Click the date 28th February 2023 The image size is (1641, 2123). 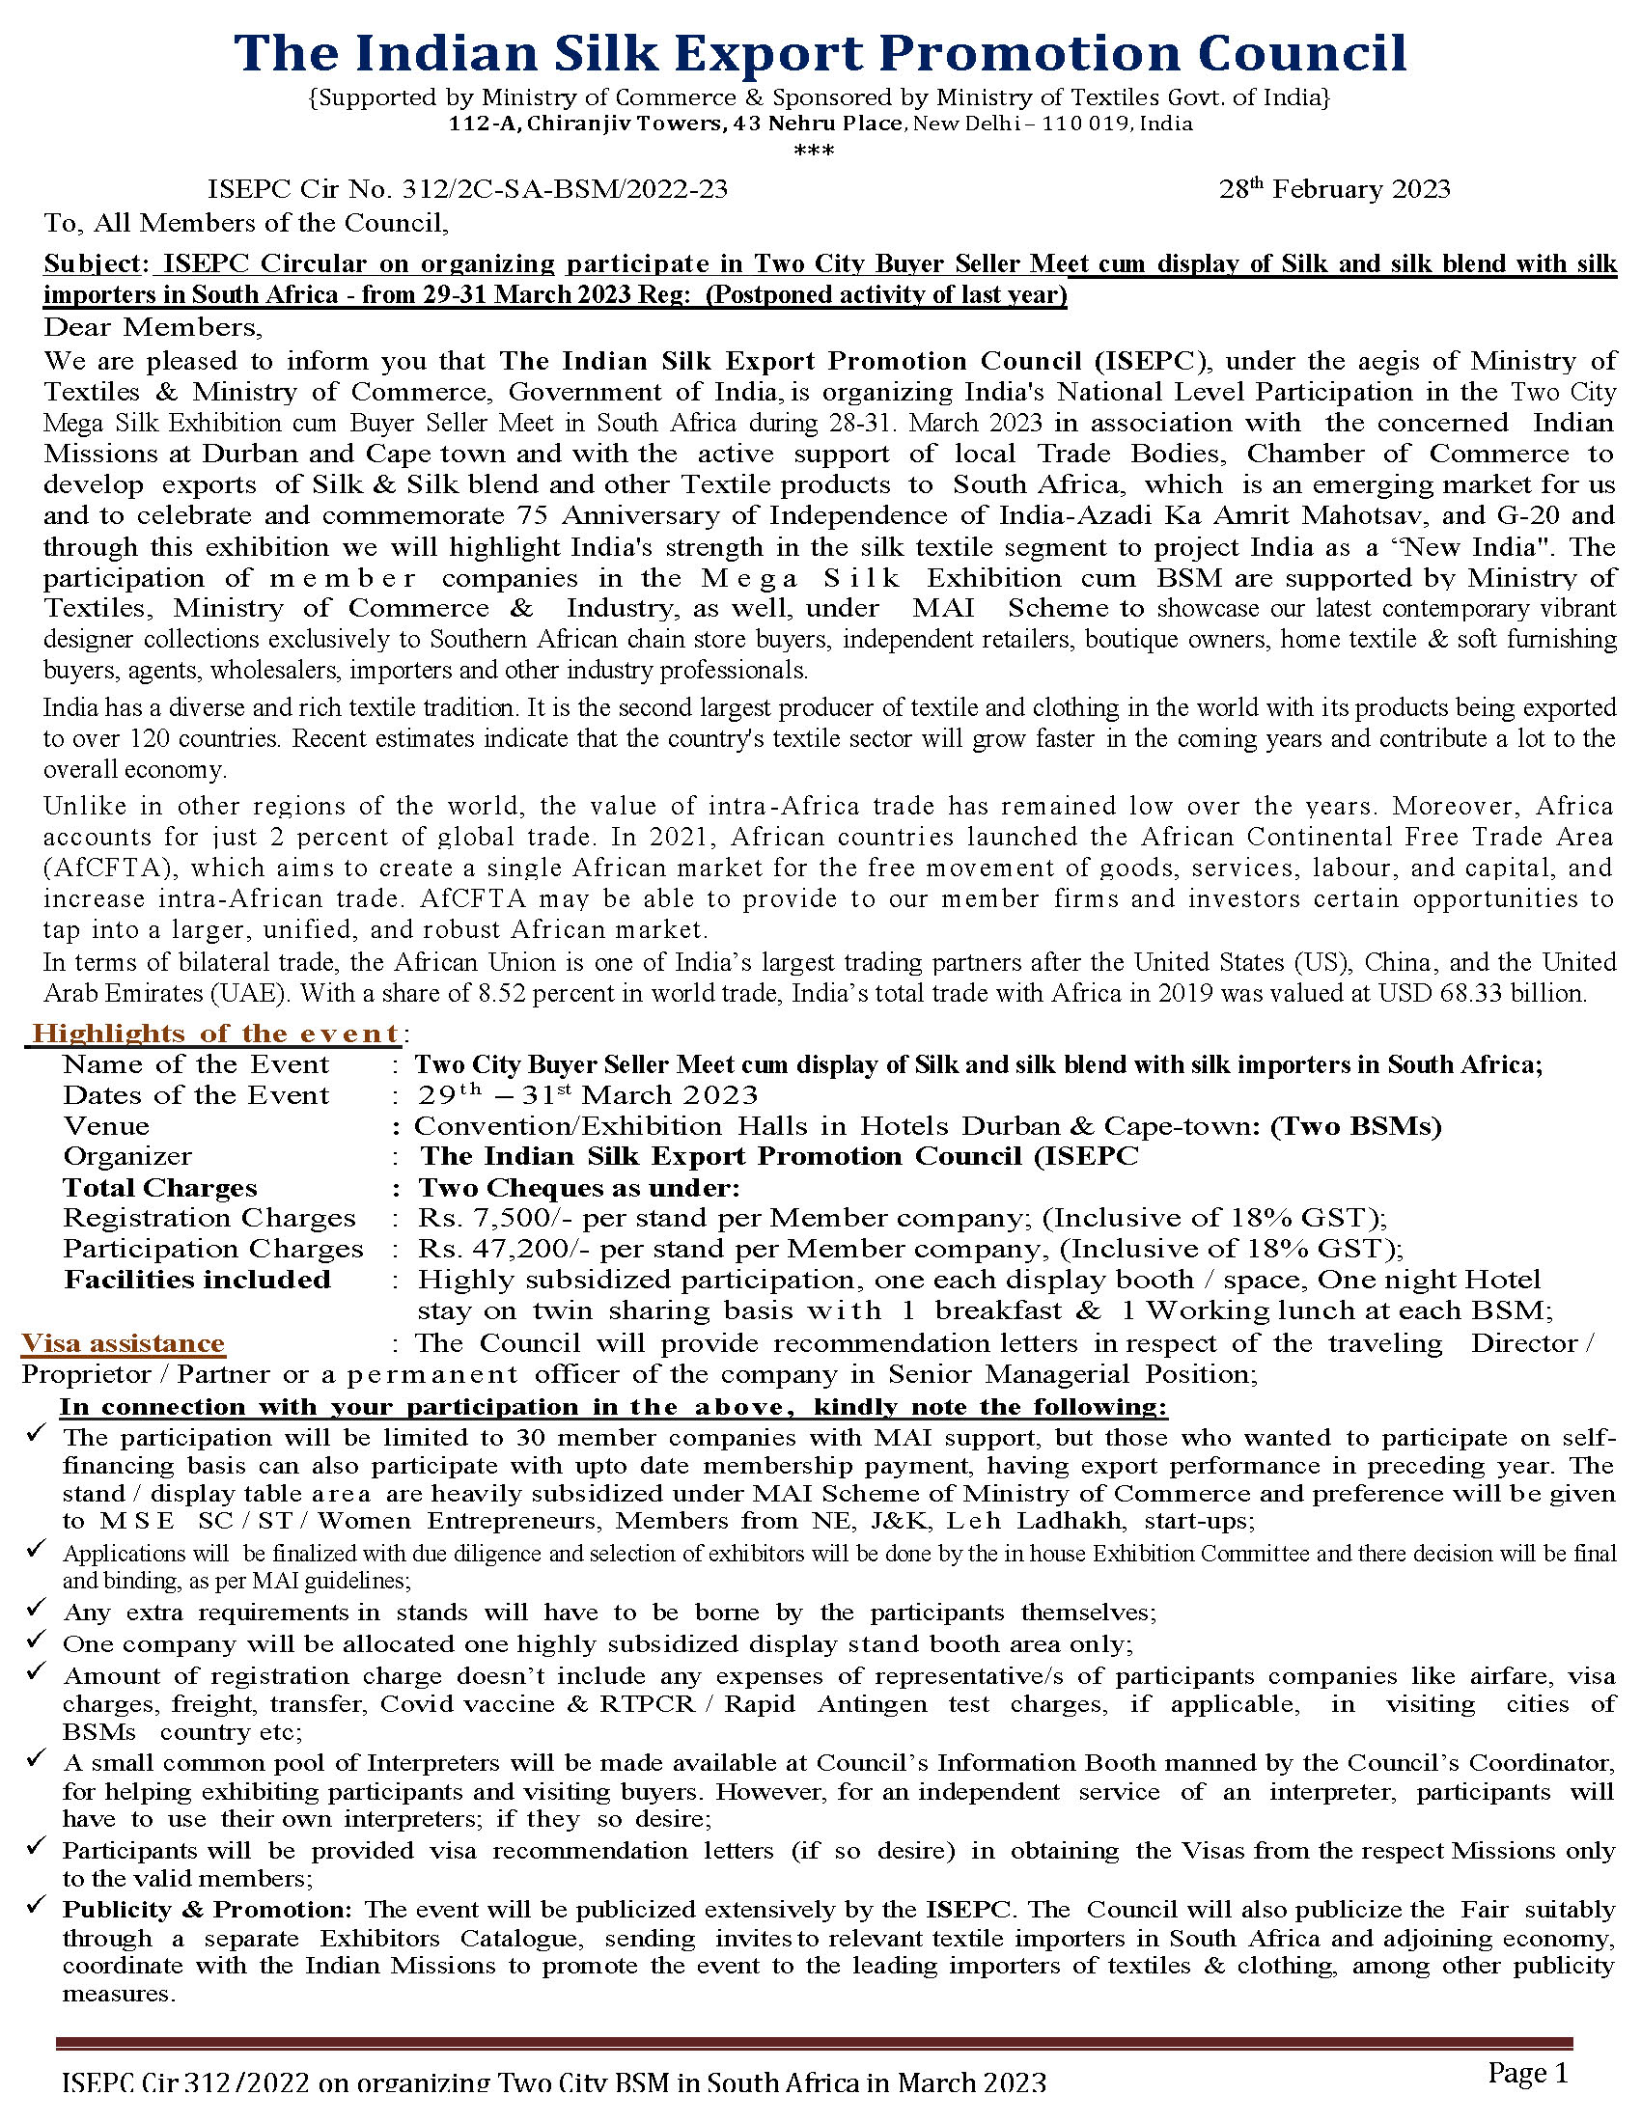coord(1334,189)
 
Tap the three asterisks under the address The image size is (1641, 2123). coord(814,152)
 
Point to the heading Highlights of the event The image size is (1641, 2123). coord(215,1034)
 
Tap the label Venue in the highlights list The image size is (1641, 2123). coord(106,1126)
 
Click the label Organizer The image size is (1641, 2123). coord(127,1157)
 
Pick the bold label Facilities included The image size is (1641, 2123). coord(197,1281)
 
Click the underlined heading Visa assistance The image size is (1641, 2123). coord(124,1343)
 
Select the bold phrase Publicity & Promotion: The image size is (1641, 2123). coord(209,1910)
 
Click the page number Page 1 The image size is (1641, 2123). coord(1527,2075)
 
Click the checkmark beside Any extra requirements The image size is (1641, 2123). coord(37,1611)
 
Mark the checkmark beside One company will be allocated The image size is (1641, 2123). coord(37,1641)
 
